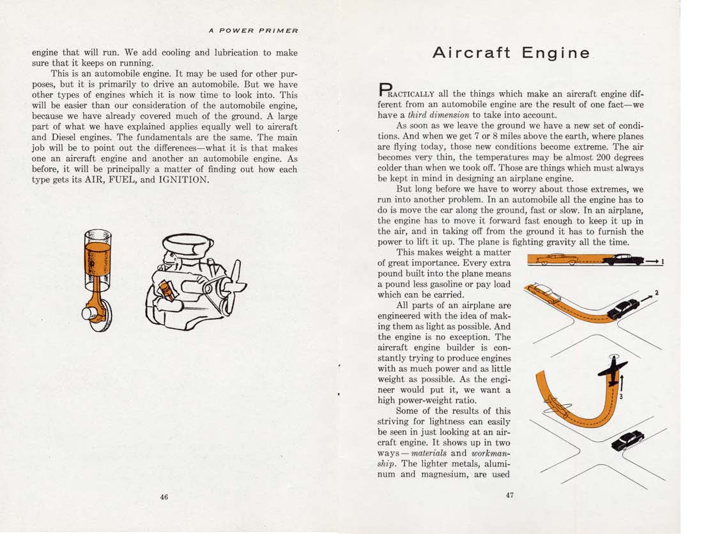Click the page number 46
coord(164,498)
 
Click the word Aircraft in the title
coord(471,53)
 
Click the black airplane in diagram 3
coord(612,372)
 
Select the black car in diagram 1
coord(623,259)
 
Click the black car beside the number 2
coord(622,309)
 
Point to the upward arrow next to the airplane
coord(621,383)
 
